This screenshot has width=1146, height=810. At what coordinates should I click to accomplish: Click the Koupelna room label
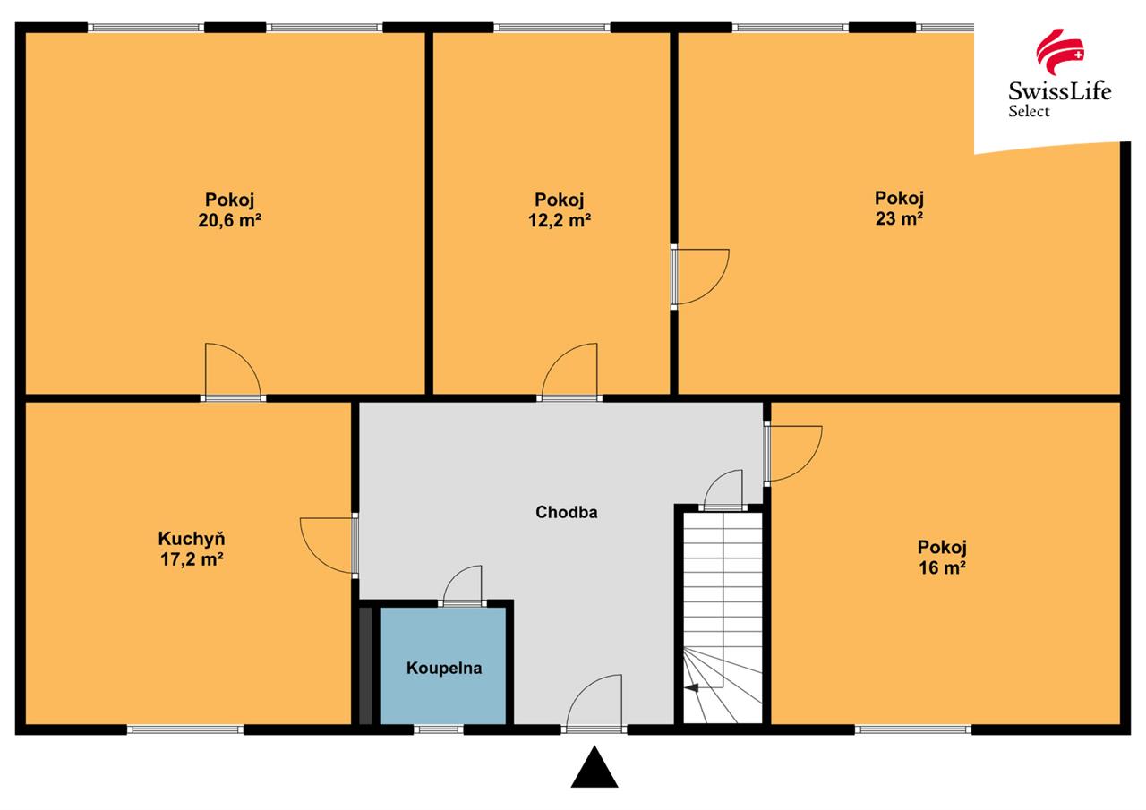coord(444,668)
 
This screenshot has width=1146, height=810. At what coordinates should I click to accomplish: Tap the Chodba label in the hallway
coord(567,512)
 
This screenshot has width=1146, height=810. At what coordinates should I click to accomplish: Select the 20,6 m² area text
coord(230,220)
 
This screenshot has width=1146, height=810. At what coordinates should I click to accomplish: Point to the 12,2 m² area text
coord(560,220)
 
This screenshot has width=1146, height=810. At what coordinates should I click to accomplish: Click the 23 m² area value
coord(899,219)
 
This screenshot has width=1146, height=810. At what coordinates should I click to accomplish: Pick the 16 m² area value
coord(942,568)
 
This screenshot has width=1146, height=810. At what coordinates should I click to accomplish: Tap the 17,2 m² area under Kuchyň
coord(192,559)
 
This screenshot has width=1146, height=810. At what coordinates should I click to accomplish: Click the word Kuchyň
coord(192,539)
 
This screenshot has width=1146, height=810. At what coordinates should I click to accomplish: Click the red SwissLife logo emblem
coord(1059,52)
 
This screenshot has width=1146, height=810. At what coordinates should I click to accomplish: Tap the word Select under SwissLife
coord(1029,112)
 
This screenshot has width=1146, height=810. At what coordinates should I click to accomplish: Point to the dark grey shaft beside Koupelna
coord(365,665)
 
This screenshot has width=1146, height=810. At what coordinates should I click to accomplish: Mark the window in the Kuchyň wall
coord(185,729)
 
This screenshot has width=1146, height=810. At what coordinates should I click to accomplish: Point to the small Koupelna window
coord(439,729)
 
